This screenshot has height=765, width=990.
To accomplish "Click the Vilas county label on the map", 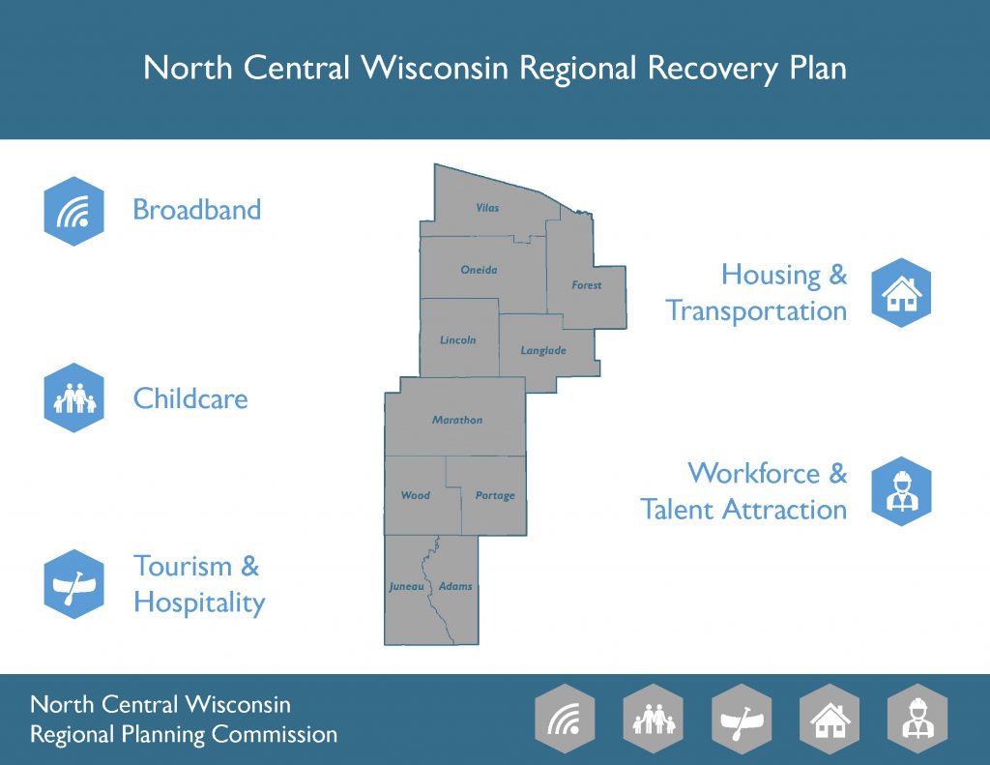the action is pyautogui.click(x=487, y=208).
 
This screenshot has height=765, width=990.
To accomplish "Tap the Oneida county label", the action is pyautogui.click(x=479, y=270).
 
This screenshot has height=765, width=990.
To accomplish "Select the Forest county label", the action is pyautogui.click(x=587, y=285).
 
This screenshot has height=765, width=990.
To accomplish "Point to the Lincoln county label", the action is pyautogui.click(x=457, y=339).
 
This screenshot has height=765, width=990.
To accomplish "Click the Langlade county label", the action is pyautogui.click(x=543, y=351).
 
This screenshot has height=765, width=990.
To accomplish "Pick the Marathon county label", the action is pyautogui.click(x=457, y=420).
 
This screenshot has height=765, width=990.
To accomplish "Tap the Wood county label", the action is pyautogui.click(x=416, y=496).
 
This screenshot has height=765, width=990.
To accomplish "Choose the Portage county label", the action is pyautogui.click(x=495, y=496).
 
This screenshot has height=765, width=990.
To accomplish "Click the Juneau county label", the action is pyautogui.click(x=406, y=587).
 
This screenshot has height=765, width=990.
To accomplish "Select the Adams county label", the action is pyautogui.click(x=455, y=586).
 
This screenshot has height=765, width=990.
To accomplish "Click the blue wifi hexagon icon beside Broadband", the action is pyautogui.click(x=73, y=211).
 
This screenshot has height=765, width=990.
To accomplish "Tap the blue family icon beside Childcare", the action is pyautogui.click(x=73, y=398).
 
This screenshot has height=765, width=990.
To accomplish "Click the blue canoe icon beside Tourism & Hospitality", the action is pyautogui.click(x=73, y=584).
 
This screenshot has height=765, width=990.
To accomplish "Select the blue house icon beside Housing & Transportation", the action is pyautogui.click(x=901, y=292).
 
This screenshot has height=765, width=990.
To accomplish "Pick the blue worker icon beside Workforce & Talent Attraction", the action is pyautogui.click(x=901, y=491).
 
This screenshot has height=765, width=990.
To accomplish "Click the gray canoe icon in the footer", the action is pyautogui.click(x=742, y=719).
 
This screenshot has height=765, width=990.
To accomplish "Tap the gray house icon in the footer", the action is pyautogui.click(x=830, y=719).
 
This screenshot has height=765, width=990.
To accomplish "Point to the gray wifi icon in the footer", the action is pyautogui.click(x=565, y=719).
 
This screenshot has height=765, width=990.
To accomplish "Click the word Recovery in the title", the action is pyautogui.click(x=713, y=69).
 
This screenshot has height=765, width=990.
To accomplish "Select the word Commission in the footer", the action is pyautogui.click(x=274, y=734).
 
